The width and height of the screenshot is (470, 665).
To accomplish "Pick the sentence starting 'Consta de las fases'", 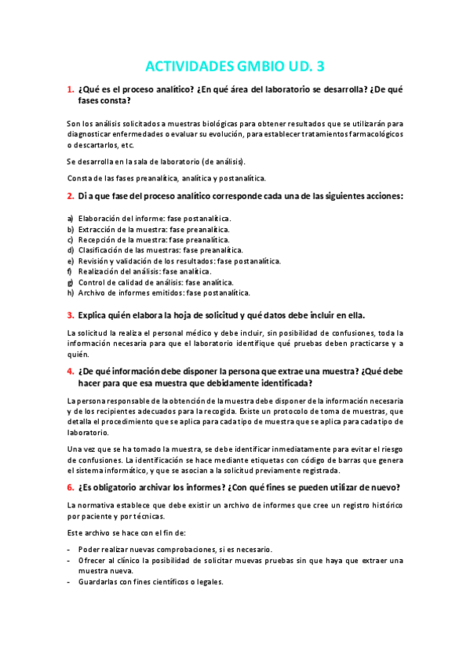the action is click(x=166, y=178).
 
